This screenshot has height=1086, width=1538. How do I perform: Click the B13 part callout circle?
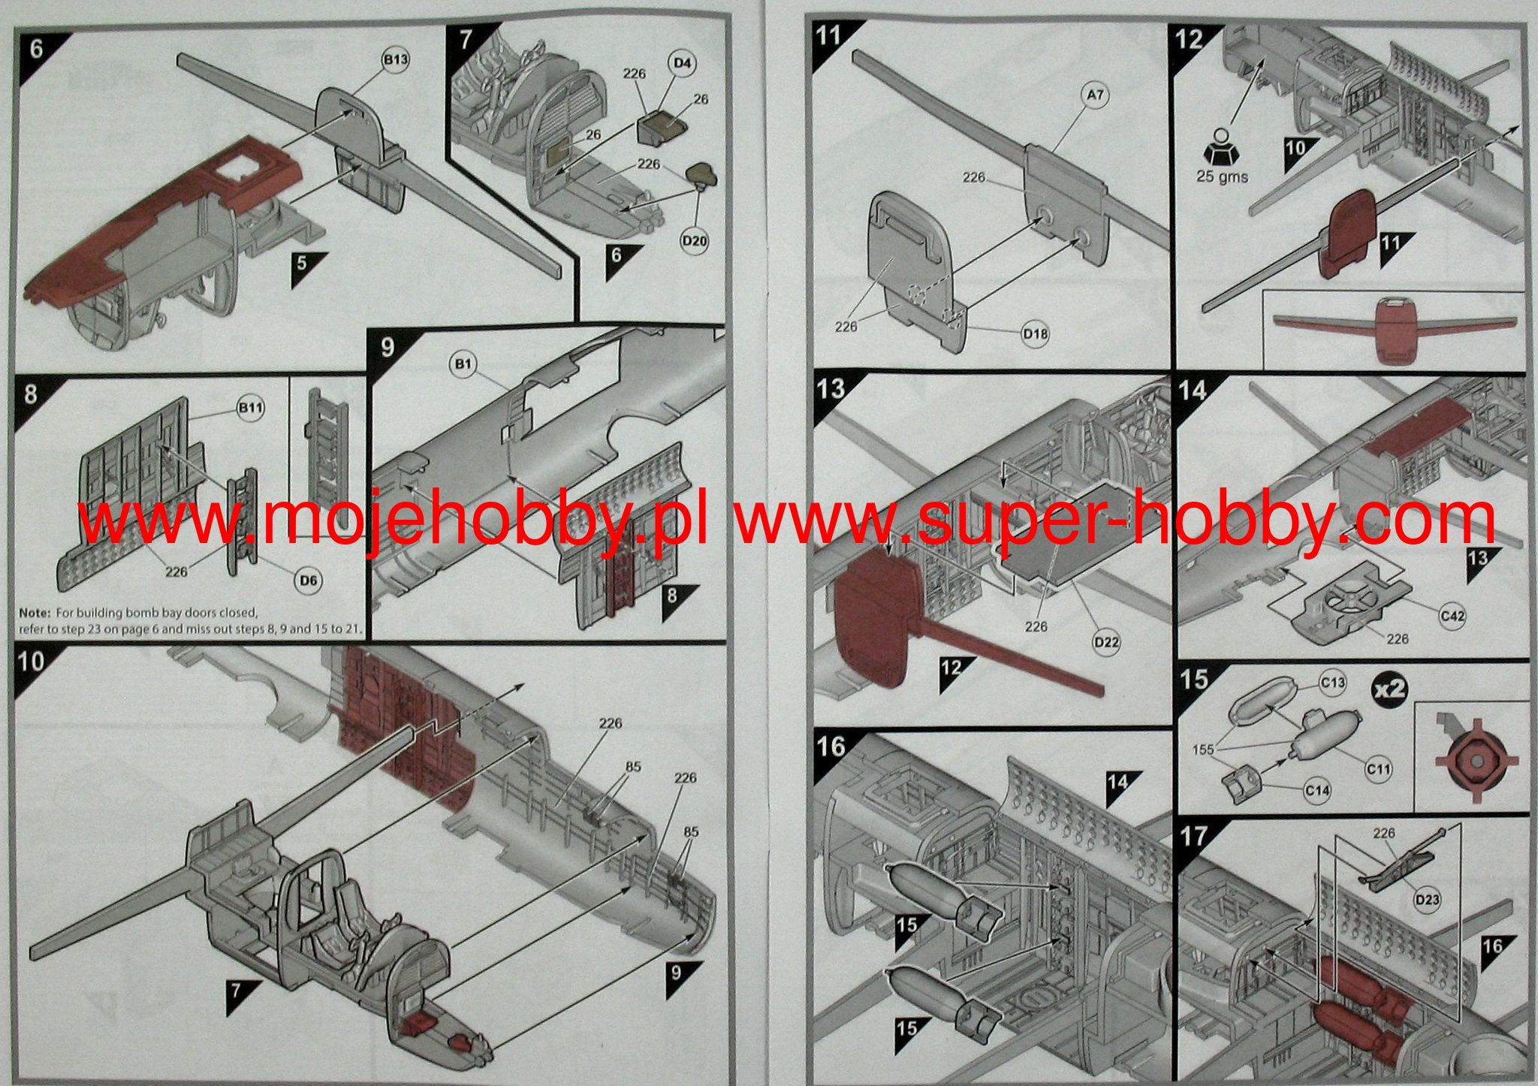pos(396,61)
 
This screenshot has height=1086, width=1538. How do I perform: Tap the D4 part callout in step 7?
pos(681,63)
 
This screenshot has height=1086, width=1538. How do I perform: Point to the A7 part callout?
pos(1096,95)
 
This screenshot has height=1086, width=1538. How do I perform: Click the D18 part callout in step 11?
pos(1037,333)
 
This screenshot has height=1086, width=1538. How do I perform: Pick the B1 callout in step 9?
pos(463,365)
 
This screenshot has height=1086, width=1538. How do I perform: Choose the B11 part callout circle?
pos(251,408)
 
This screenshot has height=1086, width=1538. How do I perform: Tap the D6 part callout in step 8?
pos(309,581)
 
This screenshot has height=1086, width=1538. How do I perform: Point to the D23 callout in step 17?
pos(1426,899)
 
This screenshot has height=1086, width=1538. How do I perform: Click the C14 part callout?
pos(1317,790)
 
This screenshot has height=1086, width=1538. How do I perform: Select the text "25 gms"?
pos(1221,177)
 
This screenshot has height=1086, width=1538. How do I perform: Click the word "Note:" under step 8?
pos(34,613)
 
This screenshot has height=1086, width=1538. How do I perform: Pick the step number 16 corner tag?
pos(831,747)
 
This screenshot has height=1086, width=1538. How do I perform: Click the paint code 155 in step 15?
pos(1203,750)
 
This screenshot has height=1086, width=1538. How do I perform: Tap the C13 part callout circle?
pos(1333,682)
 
